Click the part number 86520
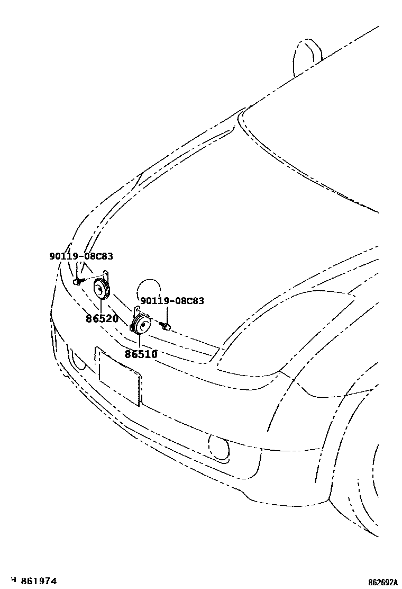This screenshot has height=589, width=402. pos(102,319)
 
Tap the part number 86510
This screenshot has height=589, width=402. pos(141,354)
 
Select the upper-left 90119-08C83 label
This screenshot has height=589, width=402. pos(81,256)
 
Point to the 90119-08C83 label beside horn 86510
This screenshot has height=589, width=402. pos(172,301)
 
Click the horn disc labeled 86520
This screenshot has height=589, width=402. pos(100,289)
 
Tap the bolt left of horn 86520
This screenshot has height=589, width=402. pos(78,280)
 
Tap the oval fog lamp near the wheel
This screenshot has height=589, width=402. pos(220,447)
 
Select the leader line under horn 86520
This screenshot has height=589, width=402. pos(101,306)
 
